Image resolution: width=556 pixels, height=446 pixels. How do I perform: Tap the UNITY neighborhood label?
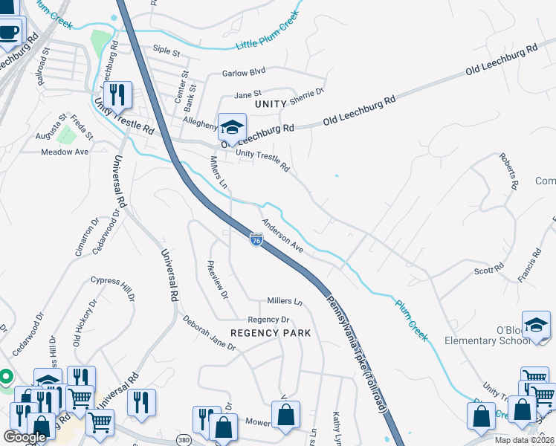click(x=270, y=105)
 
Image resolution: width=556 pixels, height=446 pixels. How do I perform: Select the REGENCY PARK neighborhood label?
click(x=270, y=333)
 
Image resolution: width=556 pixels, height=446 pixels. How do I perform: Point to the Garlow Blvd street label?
click(x=244, y=74)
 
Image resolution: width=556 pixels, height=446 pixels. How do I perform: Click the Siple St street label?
click(x=167, y=52)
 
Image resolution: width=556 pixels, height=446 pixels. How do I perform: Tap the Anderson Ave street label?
click(x=282, y=235)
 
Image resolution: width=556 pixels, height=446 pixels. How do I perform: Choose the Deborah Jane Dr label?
click(x=209, y=333)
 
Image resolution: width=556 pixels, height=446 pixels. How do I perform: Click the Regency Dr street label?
click(x=268, y=319)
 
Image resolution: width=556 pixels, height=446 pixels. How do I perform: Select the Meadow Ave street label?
click(x=65, y=152)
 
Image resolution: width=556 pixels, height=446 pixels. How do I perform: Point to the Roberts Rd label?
click(x=509, y=171)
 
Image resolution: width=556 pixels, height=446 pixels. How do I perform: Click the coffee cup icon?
click(x=8, y=33)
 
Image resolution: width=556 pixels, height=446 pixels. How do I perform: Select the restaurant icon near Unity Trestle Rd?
click(x=117, y=94)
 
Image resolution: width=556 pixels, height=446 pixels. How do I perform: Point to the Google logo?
click(x=25, y=437)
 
